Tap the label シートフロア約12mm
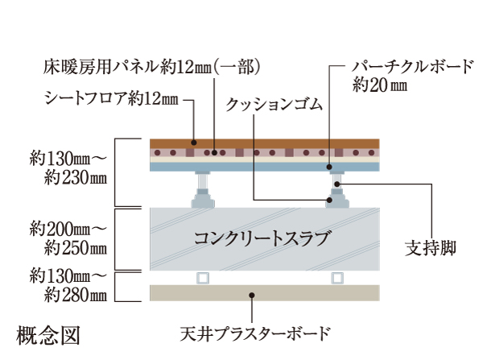point(111,99)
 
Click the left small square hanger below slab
point(202,278)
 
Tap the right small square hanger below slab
point(336,278)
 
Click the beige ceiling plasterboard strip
point(266,293)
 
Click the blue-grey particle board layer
point(266,167)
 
